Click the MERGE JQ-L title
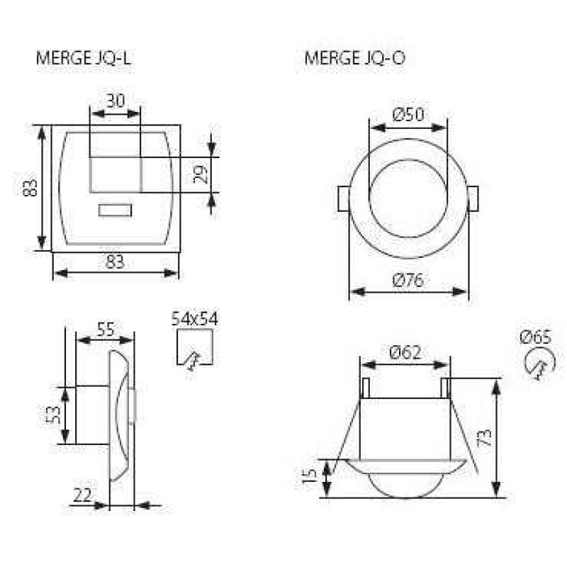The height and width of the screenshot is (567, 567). click(83, 58)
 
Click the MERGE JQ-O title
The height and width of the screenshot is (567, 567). click(355, 58)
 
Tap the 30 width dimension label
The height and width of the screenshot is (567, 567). click(116, 101)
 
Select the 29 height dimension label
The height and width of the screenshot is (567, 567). click(200, 174)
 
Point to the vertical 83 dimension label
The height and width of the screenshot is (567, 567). click(30, 187)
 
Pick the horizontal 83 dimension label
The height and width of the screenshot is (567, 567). click(115, 262)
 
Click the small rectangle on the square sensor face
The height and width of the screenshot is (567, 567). click(115, 210)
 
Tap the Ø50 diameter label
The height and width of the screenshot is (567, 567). click(408, 115)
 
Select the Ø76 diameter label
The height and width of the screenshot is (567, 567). click(408, 280)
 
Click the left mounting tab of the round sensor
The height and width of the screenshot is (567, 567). click(344, 198)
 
